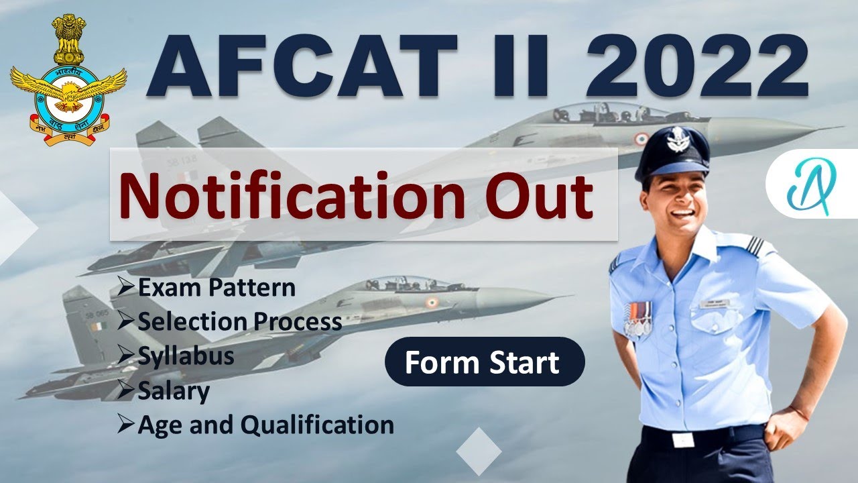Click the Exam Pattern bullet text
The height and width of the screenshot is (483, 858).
(x=216, y=288)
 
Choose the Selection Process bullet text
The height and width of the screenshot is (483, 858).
(x=239, y=322)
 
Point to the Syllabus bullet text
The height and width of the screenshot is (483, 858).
(x=186, y=356)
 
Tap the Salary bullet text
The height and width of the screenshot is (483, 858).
(x=174, y=390)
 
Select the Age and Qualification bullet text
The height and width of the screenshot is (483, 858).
(x=265, y=424)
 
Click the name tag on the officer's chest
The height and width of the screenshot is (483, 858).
(x=718, y=303)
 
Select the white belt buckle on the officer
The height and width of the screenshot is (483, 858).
(x=683, y=439)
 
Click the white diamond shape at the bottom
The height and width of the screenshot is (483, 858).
(x=479, y=450)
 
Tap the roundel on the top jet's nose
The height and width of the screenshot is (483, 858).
(x=641, y=139)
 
